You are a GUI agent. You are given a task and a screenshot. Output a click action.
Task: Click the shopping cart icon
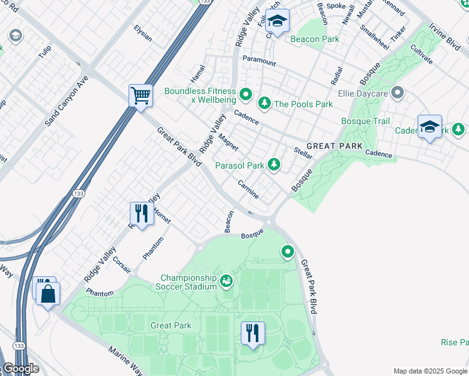click(x=141, y=97)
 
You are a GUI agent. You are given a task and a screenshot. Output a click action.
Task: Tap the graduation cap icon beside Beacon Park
click(x=277, y=22)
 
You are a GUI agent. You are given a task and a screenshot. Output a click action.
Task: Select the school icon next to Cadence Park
click(x=429, y=127)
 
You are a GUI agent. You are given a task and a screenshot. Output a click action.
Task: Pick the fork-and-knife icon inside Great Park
click(x=252, y=333)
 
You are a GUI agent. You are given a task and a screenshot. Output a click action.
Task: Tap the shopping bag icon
click(x=48, y=293)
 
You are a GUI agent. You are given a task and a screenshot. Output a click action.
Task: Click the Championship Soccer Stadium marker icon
click(x=226, y=283)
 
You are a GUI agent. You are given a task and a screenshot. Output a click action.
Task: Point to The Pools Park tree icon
click(x=265, y=103)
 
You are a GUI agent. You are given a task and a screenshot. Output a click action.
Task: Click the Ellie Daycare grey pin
click(x=396, y=94)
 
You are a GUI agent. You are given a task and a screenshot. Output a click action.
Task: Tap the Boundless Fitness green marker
click(x=246, y=95)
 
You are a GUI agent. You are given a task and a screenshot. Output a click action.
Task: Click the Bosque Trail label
click(x=365, y=121)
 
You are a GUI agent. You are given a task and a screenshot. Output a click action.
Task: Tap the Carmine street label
click(x=248, y=189)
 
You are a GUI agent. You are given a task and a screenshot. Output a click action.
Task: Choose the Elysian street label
click(x=143, y=33)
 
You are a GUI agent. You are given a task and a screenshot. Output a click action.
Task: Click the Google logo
click(x=20, y=368)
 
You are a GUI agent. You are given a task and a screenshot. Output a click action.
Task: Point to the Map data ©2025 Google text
click(x=430, y=371)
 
